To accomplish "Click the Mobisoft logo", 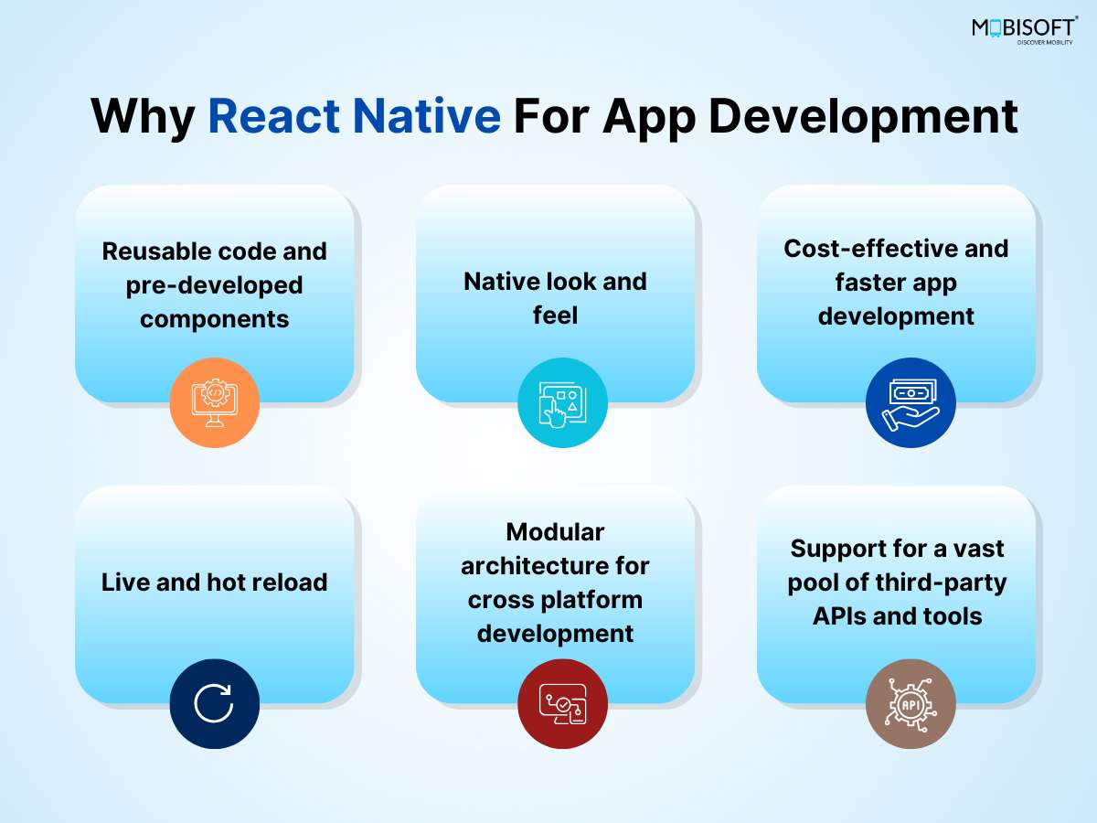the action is (x=1025, y=30).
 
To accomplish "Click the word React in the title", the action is (x=274, y=116).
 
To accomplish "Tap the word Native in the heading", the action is (x=427, y=116).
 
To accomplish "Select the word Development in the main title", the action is (x=863, y=120).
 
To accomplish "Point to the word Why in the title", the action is (x=143, y=120).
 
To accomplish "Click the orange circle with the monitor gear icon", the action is (x=215, y=402).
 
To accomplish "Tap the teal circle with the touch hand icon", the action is (x=562, y=402).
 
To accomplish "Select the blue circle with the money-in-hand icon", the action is (x=911, y=402).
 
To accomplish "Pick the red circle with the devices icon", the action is (x=562, y=703).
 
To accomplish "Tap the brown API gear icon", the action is (x=911, y=703).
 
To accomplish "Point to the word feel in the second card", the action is (x=555, y=315).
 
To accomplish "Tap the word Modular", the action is (x=555, y=531).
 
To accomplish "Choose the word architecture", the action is (x=531, y=566).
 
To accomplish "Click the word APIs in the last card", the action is (x=838, y=616).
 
